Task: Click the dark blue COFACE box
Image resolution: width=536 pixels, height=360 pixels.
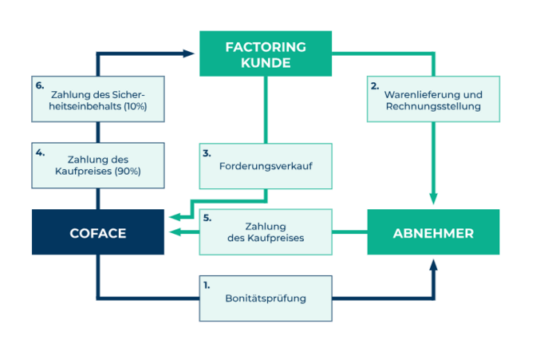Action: (x=97, y=232)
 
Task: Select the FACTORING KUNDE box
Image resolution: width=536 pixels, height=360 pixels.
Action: (x=265, y=53)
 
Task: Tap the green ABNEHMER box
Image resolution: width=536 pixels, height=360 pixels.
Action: (x=433, y=232)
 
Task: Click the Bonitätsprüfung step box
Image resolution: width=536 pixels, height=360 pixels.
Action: (x=265, y=298)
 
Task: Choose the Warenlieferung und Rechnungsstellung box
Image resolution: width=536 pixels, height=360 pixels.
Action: (x=433, y=99)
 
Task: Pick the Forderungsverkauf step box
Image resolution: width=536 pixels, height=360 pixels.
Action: (x=265, y=166)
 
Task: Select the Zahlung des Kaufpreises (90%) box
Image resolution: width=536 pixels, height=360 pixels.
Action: (x=97, y=165)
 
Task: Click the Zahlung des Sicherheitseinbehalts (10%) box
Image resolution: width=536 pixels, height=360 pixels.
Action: (x=97, y=99)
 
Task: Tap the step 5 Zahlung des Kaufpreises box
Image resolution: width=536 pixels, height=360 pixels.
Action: (x=265, y=231)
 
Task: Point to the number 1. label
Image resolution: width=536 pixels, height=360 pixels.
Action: (x=207, y=284)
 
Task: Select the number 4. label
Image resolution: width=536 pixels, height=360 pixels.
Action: (x=39, y=151)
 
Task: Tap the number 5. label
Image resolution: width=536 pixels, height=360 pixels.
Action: (x=207, y=217)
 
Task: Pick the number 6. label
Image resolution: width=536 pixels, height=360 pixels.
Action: (x=39, y=85)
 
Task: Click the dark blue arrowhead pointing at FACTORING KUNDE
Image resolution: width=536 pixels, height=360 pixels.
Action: (x=190, y=53)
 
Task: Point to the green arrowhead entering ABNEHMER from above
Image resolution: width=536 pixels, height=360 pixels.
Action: (x=433, y=200)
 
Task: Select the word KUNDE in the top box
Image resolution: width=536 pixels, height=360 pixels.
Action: (x=265, y=62)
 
